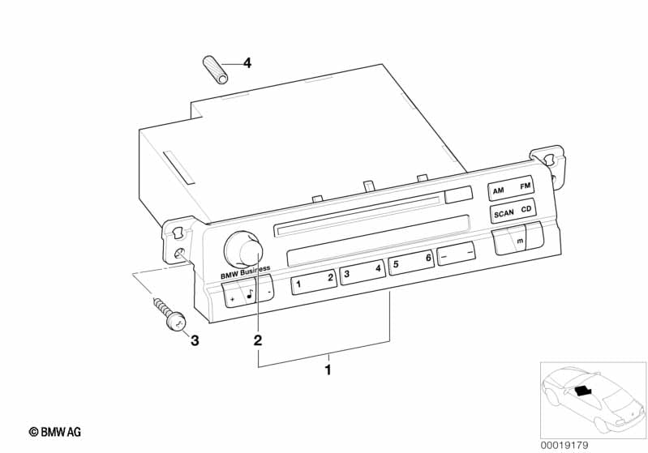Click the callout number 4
click(x=247, y=62)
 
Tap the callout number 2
click(x=258, y=340)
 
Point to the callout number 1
click(x=328, y=370)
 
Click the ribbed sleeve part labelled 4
click(x=215, y=68)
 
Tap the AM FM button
click(x=511, y=190)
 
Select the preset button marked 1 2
click(x=313, y=280)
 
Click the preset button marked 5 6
click(x=410, y=263)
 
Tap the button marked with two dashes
click(x=457, y=254)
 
